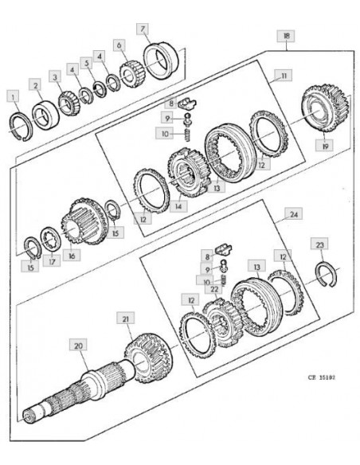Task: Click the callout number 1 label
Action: [x=13, y=96]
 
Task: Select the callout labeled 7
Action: [x=143, y=29]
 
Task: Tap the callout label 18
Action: [x=286, y=36]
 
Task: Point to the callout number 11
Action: [x=284, y=76]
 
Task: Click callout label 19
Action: [x=324, y=146]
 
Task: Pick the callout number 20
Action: [x=78, y=346]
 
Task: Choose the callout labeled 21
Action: [x=126, y=318]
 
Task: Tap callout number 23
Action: [x=319, y=244]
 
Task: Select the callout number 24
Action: [x=294, y=214]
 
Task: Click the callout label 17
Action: [x=52, y=261]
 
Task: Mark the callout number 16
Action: [x=72, y=255]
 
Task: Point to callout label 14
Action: [x=178, y=205]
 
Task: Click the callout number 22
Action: [x=215, y=289]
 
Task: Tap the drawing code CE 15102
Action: [x=322, y=377]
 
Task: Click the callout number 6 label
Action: [x=119, y=45]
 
